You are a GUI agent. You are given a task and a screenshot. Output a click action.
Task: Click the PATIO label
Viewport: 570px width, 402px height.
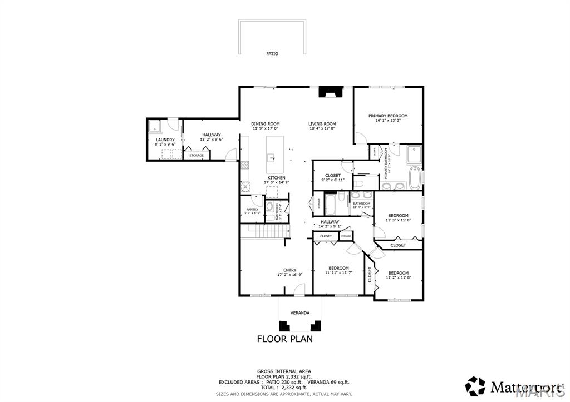[272, 54]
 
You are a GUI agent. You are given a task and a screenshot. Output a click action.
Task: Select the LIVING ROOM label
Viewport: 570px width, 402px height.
[322, 123]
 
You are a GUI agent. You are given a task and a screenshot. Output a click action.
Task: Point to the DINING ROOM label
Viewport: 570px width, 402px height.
[265, 123]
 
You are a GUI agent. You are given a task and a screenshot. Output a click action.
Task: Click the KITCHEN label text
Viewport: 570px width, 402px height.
[276, 177]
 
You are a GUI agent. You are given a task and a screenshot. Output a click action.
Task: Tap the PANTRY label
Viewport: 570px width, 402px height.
[252, 209]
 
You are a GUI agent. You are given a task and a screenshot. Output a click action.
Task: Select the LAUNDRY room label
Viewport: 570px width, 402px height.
[165, 140]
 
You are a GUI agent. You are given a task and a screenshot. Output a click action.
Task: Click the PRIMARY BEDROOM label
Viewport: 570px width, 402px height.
[388, 116]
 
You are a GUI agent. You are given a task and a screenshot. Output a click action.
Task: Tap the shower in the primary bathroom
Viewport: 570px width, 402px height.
[414, 153]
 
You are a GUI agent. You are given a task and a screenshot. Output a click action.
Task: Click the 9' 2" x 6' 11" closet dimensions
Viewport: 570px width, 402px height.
[333, 181]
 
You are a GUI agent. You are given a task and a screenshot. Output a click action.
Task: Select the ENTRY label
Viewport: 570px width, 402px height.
[289, 270]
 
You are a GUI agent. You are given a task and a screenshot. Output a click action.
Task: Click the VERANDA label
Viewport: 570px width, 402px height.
[299, 312]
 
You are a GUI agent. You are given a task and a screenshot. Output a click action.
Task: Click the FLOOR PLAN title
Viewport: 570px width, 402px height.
[284, 338]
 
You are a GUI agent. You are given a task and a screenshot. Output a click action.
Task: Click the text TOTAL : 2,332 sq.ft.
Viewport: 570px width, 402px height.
[284, 388]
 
